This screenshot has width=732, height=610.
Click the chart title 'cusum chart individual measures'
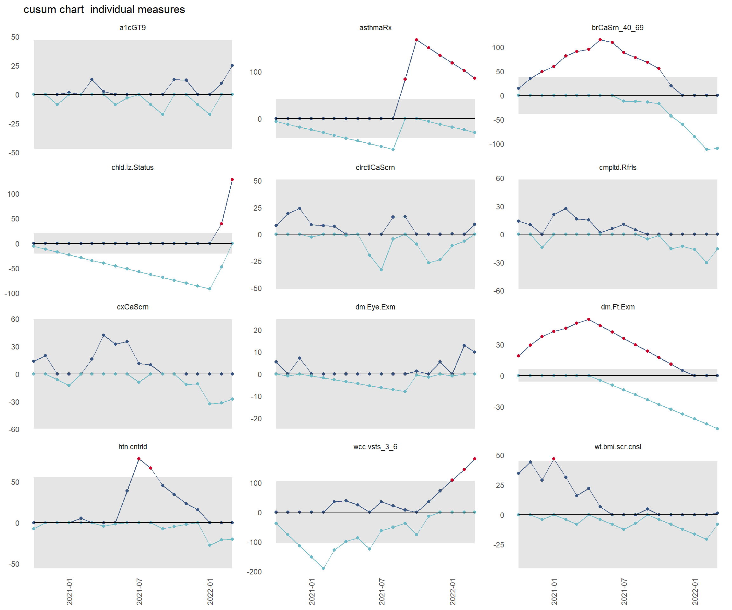tap(104, 10)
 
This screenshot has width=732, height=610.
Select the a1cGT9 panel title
tap(132, 28)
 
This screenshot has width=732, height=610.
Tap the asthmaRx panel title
tap(375, 28)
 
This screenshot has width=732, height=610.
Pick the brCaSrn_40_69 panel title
tap(617, 28)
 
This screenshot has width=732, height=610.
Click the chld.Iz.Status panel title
tap(132, 167)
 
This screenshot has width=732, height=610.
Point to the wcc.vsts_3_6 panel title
tap(375, 446)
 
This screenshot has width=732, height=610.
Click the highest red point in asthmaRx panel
tap(417, 40)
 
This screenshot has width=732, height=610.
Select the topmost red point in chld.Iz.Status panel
tap(232, 180)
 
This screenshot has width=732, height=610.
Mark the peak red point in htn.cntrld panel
tap(139, 459)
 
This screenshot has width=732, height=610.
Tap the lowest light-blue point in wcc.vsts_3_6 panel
tap(323, 568)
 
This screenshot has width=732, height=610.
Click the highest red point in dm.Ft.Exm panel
tap(588, 319)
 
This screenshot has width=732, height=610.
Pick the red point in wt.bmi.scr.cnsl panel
tap(553, 459)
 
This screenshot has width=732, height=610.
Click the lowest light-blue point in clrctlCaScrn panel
tap(381, 270)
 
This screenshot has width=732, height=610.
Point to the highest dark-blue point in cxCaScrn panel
tap(104, 335)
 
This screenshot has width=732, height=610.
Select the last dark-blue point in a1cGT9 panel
tap(232, 65)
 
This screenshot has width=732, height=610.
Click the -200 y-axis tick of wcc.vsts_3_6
tap(254, 572)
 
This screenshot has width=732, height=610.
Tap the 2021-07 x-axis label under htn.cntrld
tap(139, 592)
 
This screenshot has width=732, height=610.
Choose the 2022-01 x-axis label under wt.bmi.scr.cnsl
tap(695, 592)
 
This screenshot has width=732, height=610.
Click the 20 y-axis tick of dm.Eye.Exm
tap(257, 330)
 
